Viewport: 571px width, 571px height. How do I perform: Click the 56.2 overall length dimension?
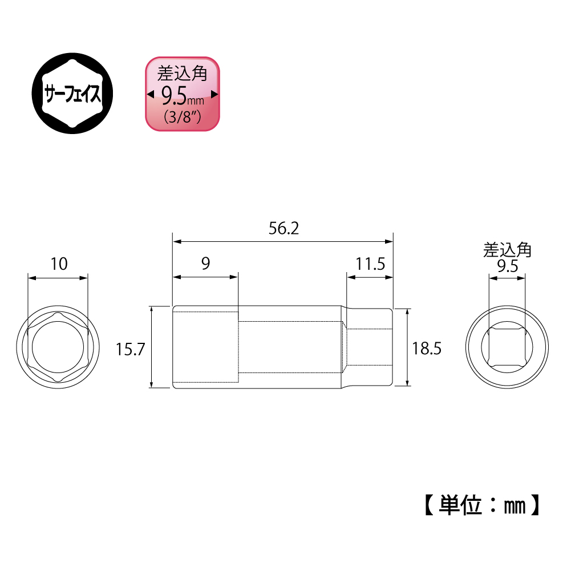tap(284, 229)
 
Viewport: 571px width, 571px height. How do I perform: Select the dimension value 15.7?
tap(129, 349)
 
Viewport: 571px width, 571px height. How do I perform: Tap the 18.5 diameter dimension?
tap(427, 349)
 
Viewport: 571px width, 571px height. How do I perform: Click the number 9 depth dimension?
tap(206, 264)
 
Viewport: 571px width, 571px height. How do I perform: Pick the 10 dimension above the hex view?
tap(59, 264)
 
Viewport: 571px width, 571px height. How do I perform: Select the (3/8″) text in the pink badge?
tap(181, 118)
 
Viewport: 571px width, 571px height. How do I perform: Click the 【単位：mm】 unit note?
tap(480, 504)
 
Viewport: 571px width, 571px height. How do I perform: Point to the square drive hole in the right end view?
tap(507, 348)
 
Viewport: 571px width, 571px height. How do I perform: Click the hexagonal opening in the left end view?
tap(58, 349)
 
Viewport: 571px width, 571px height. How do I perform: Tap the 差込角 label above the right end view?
tap(507, 250)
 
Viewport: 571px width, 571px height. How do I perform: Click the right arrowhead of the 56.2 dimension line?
tap(390, 241)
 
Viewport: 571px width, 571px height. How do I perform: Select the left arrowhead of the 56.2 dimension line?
tap(177, 241)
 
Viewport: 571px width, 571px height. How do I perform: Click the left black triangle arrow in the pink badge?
tap(150, 94)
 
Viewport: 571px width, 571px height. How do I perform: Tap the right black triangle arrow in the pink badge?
tap(215, 94)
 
